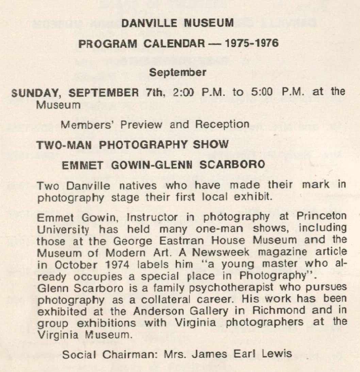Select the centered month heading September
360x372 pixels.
tap(178, 72)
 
